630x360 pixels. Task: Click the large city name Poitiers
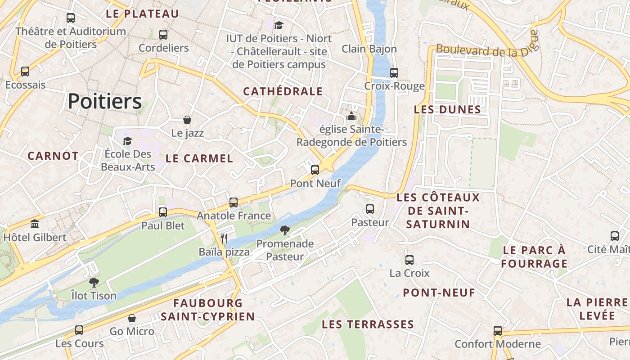[x=105, y=102]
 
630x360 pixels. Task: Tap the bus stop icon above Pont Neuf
[x=315, y=170]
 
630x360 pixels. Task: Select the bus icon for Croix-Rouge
[x=394, y=72]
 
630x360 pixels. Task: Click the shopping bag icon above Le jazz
[x=187, y=119]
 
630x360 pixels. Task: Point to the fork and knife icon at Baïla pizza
[x=224, y=238]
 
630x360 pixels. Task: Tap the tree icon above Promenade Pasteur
[x=284, y=230]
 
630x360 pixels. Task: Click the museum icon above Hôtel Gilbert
[x=35, y=224]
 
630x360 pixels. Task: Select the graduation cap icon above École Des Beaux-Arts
[x=127, y=141]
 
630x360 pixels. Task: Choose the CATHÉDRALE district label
[x=283, y=91]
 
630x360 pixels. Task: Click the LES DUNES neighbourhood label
[x=447, y=109]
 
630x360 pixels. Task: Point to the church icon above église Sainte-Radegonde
[x=351, y=116]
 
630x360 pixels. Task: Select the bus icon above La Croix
[x=409, y=260]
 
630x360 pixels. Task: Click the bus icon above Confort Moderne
[x=498, y=331]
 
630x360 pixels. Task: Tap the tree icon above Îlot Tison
[x=94, y=282]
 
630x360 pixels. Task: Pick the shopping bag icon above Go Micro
[x=132, y=318]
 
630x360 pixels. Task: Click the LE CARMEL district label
[x=199, y=158]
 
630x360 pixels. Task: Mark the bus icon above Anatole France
[x=234, y=202]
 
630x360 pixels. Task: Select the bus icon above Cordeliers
[x=163, y=34]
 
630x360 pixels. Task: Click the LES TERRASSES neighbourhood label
[x=368, y=324]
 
